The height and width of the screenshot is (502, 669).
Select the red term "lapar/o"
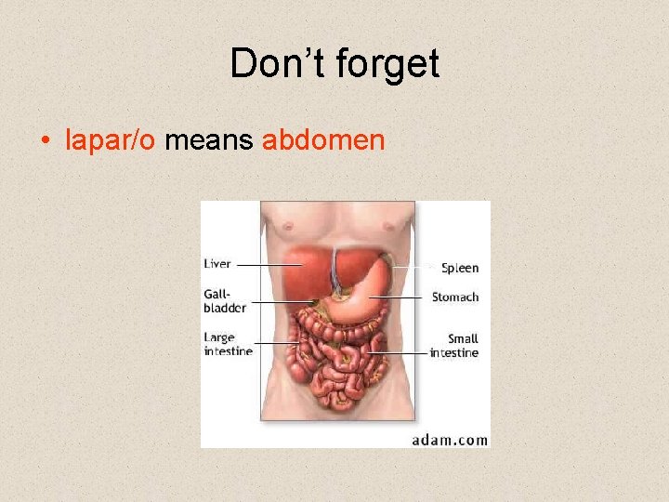coord(111,140)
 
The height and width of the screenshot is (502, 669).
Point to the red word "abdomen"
coord(323,140)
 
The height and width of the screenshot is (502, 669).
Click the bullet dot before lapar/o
coord(45,141)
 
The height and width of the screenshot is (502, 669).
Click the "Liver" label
coord(217,264)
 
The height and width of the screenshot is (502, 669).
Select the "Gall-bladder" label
coord(225,300)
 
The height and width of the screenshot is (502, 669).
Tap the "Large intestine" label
coord(228,344)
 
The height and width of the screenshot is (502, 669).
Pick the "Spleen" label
coord(460,268)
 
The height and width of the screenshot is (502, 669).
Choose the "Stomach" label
coord(455,297)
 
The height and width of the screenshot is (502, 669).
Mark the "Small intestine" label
coord(454,346)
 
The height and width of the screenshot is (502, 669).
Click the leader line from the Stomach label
coord(400,297)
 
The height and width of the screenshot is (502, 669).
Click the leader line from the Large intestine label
coord(275,344)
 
